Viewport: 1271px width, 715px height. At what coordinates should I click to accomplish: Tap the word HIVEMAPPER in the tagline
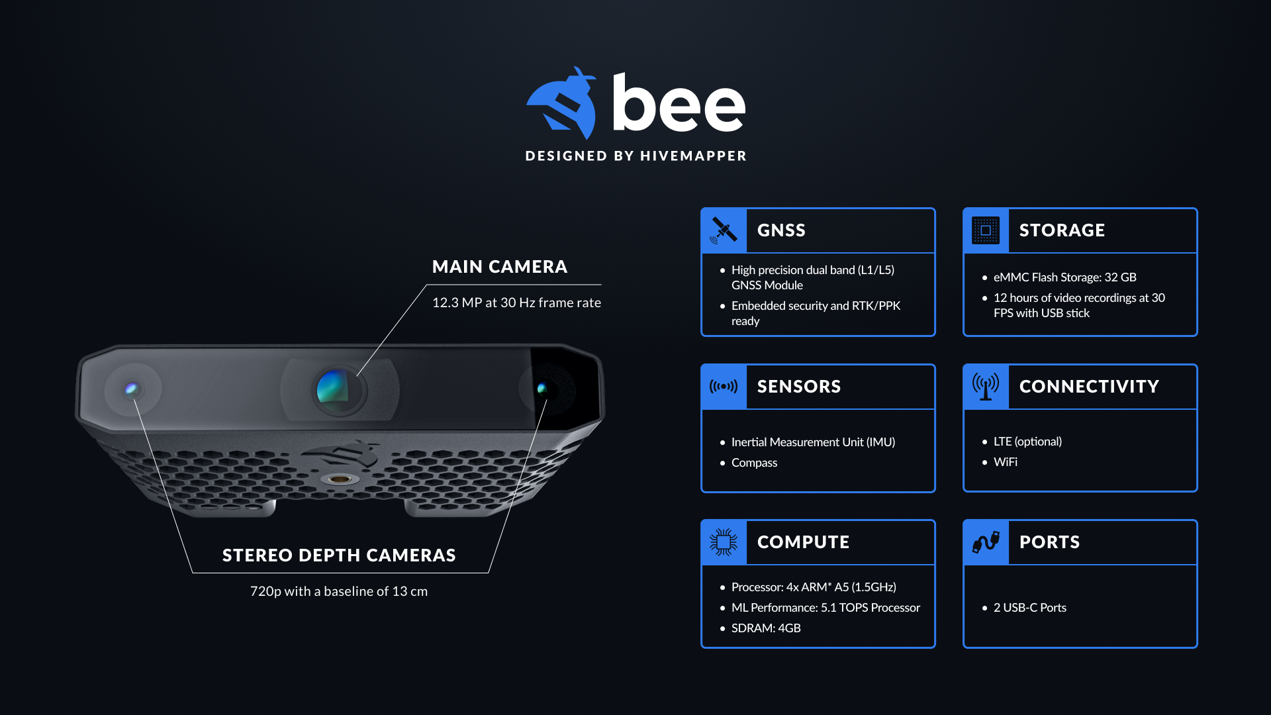(693, 156)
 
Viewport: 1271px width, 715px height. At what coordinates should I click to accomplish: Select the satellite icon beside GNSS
(724, 230)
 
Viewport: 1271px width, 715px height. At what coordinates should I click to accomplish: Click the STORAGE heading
(1062, 230)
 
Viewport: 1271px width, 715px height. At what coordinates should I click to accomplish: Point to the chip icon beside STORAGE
(986, 230)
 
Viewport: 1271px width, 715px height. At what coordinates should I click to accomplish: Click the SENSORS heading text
(799, 387)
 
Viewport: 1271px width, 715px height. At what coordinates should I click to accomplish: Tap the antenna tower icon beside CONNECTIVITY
(986, 386)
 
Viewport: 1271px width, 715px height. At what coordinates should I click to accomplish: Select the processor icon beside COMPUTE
(724, 542)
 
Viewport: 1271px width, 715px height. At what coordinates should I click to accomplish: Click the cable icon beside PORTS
(986, 542)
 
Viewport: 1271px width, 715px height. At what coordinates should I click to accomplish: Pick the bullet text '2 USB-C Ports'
(1029, 608)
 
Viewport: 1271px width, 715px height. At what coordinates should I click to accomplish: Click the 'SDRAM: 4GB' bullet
(766, 628)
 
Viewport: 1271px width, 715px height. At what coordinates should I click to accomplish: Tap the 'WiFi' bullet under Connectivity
(1005, 462)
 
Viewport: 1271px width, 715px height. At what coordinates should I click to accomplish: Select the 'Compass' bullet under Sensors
(754, 463)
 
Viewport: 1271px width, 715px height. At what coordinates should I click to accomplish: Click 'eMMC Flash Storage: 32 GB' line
(1064, 277)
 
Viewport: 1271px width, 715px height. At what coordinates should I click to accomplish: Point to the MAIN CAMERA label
(500, 267)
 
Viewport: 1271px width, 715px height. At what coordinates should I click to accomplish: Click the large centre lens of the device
(339, 389)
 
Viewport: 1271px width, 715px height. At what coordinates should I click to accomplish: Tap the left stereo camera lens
(132, 389)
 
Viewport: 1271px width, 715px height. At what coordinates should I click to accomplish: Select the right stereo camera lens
(542, 389)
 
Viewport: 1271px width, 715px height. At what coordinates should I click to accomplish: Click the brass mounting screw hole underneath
(340, 479)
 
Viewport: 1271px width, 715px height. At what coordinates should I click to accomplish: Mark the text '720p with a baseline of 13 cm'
(339, 591)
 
